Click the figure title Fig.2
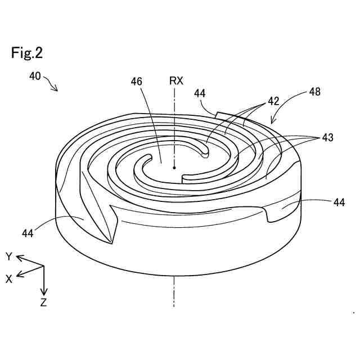(x=26, y=53)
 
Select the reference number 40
(x=35, y=76)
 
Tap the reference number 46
(x=136, y=82)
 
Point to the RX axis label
(x=176, y=80)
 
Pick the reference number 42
(x=273, y=101)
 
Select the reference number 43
(x=327, y=137)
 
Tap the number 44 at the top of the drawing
(x=200, y=93)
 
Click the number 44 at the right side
(x=339, y=201)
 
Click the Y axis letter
(x=9, y=256)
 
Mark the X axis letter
(x=9, y=278)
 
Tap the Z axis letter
(x=43, y=303)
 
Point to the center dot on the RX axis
(x=175, y=167)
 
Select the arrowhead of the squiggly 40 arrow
(x=57, y=89)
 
